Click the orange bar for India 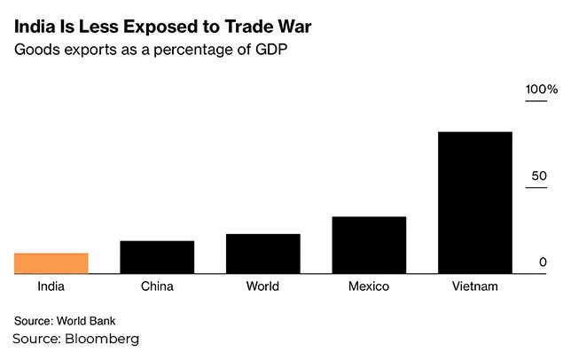tap(51, 263)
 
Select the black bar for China tap(157, 257)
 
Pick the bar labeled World tap(262, 254)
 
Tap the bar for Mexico tap(369, 245)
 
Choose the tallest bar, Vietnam tap(475, 202)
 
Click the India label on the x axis tap(51, 286)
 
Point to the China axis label tap(157, 286)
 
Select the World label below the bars tap(262, 286)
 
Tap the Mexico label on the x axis tap(369, 286)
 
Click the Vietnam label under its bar tap(475, 286)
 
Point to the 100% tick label tap(541, 90)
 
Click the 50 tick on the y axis tap(539, 176)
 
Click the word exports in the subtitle tap(91, 51)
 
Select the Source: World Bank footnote tap(65, 320)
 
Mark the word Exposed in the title tap(151, 25)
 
